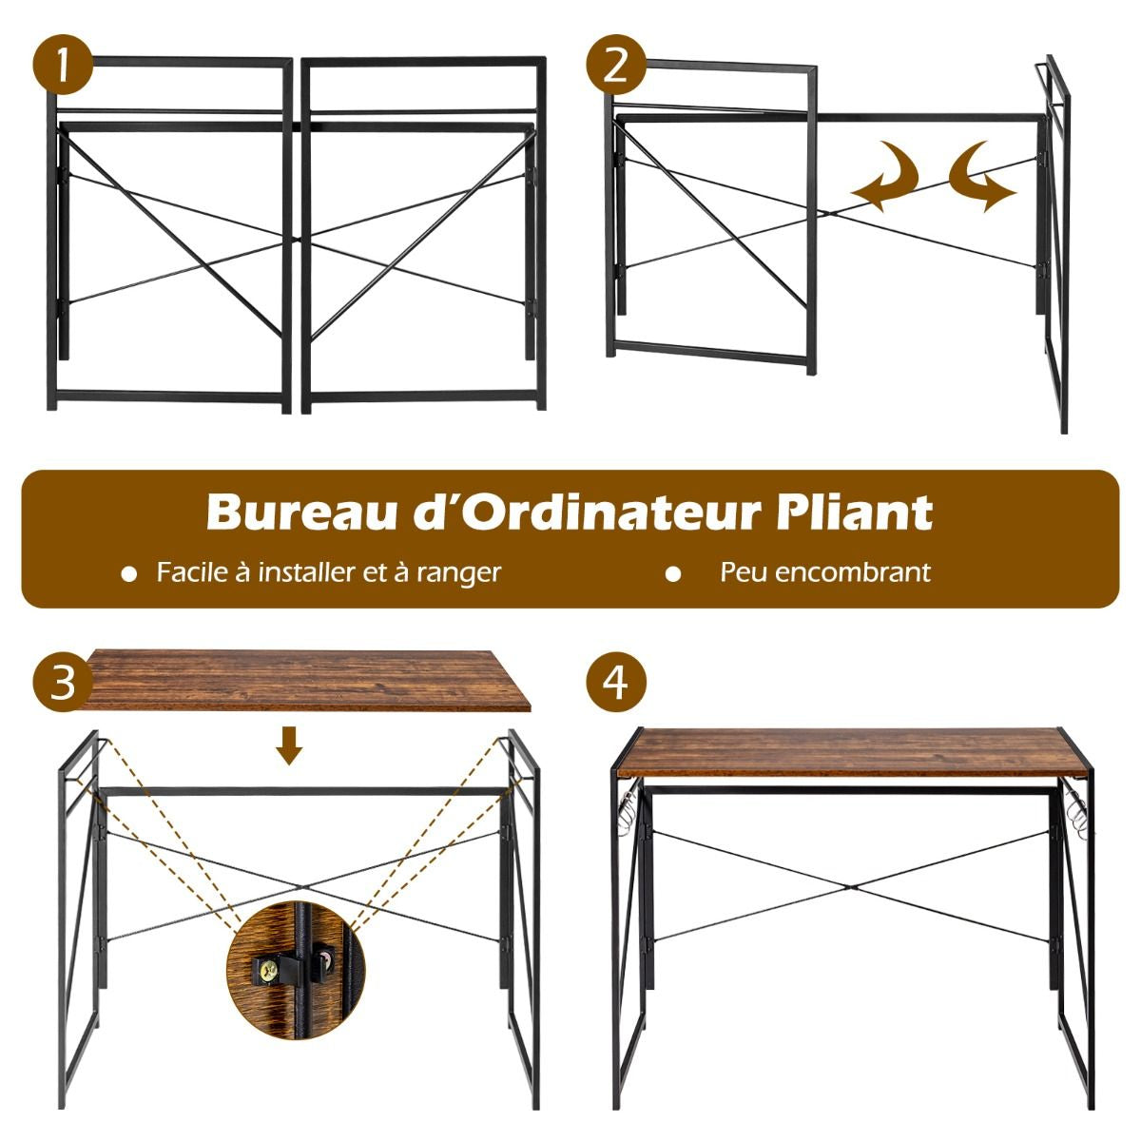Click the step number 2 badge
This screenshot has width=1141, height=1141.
coord(615,67)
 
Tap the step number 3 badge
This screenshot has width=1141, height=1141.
coord(62,682)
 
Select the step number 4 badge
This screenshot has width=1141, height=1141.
coord(616,682)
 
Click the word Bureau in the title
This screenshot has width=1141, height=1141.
coord(286,512)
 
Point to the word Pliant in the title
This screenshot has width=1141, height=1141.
coord(854,512)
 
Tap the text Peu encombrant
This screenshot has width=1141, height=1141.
coord(825,572)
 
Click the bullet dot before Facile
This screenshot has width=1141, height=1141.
coord(129,574)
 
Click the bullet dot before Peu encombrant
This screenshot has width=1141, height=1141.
coord(673,574)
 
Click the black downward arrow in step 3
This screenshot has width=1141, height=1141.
coord(290,745)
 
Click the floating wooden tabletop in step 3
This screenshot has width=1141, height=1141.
coord(304,678)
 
